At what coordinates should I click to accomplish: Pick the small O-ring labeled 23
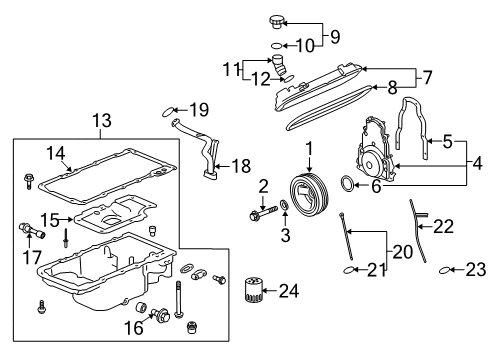449,269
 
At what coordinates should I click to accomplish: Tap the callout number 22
443,227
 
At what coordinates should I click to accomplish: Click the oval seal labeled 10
276,46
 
